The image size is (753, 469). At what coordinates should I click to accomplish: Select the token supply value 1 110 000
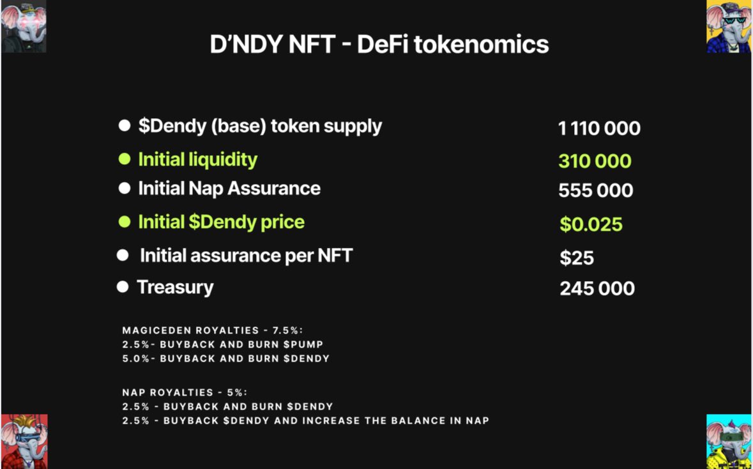(599, 128)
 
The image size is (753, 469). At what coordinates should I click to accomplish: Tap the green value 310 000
(595, 161)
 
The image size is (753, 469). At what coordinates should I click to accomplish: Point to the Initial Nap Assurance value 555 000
(595, 190)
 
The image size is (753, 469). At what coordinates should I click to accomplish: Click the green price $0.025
(591, 224)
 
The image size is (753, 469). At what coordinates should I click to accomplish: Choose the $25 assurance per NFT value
(577, 258)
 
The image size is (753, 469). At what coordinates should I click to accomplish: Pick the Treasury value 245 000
(597, 288)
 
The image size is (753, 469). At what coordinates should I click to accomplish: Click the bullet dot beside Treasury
(123, 287)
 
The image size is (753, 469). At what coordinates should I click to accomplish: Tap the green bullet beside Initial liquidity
(124, 159)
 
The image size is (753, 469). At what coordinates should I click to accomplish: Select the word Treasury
(175, 287)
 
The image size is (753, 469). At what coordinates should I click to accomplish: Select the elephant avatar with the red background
(24, 441)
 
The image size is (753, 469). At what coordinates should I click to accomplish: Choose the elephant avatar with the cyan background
(728, 441)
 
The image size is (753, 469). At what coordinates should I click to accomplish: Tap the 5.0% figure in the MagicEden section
(135, 358)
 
